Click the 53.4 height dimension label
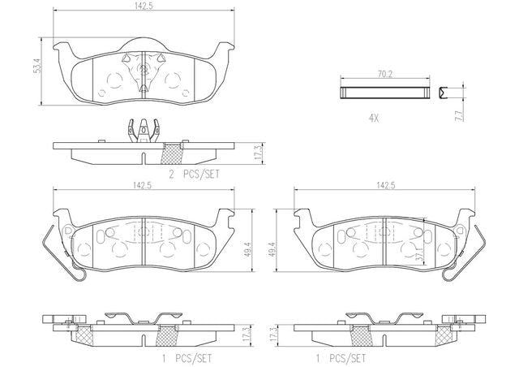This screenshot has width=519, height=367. (38, 66)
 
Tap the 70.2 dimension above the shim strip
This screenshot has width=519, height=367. (385, 74)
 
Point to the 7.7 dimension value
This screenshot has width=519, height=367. (460, 115)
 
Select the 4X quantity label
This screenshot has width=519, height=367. (374, 119)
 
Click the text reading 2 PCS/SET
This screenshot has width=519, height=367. (194, 175)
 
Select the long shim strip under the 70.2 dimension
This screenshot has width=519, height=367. (385, 93)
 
